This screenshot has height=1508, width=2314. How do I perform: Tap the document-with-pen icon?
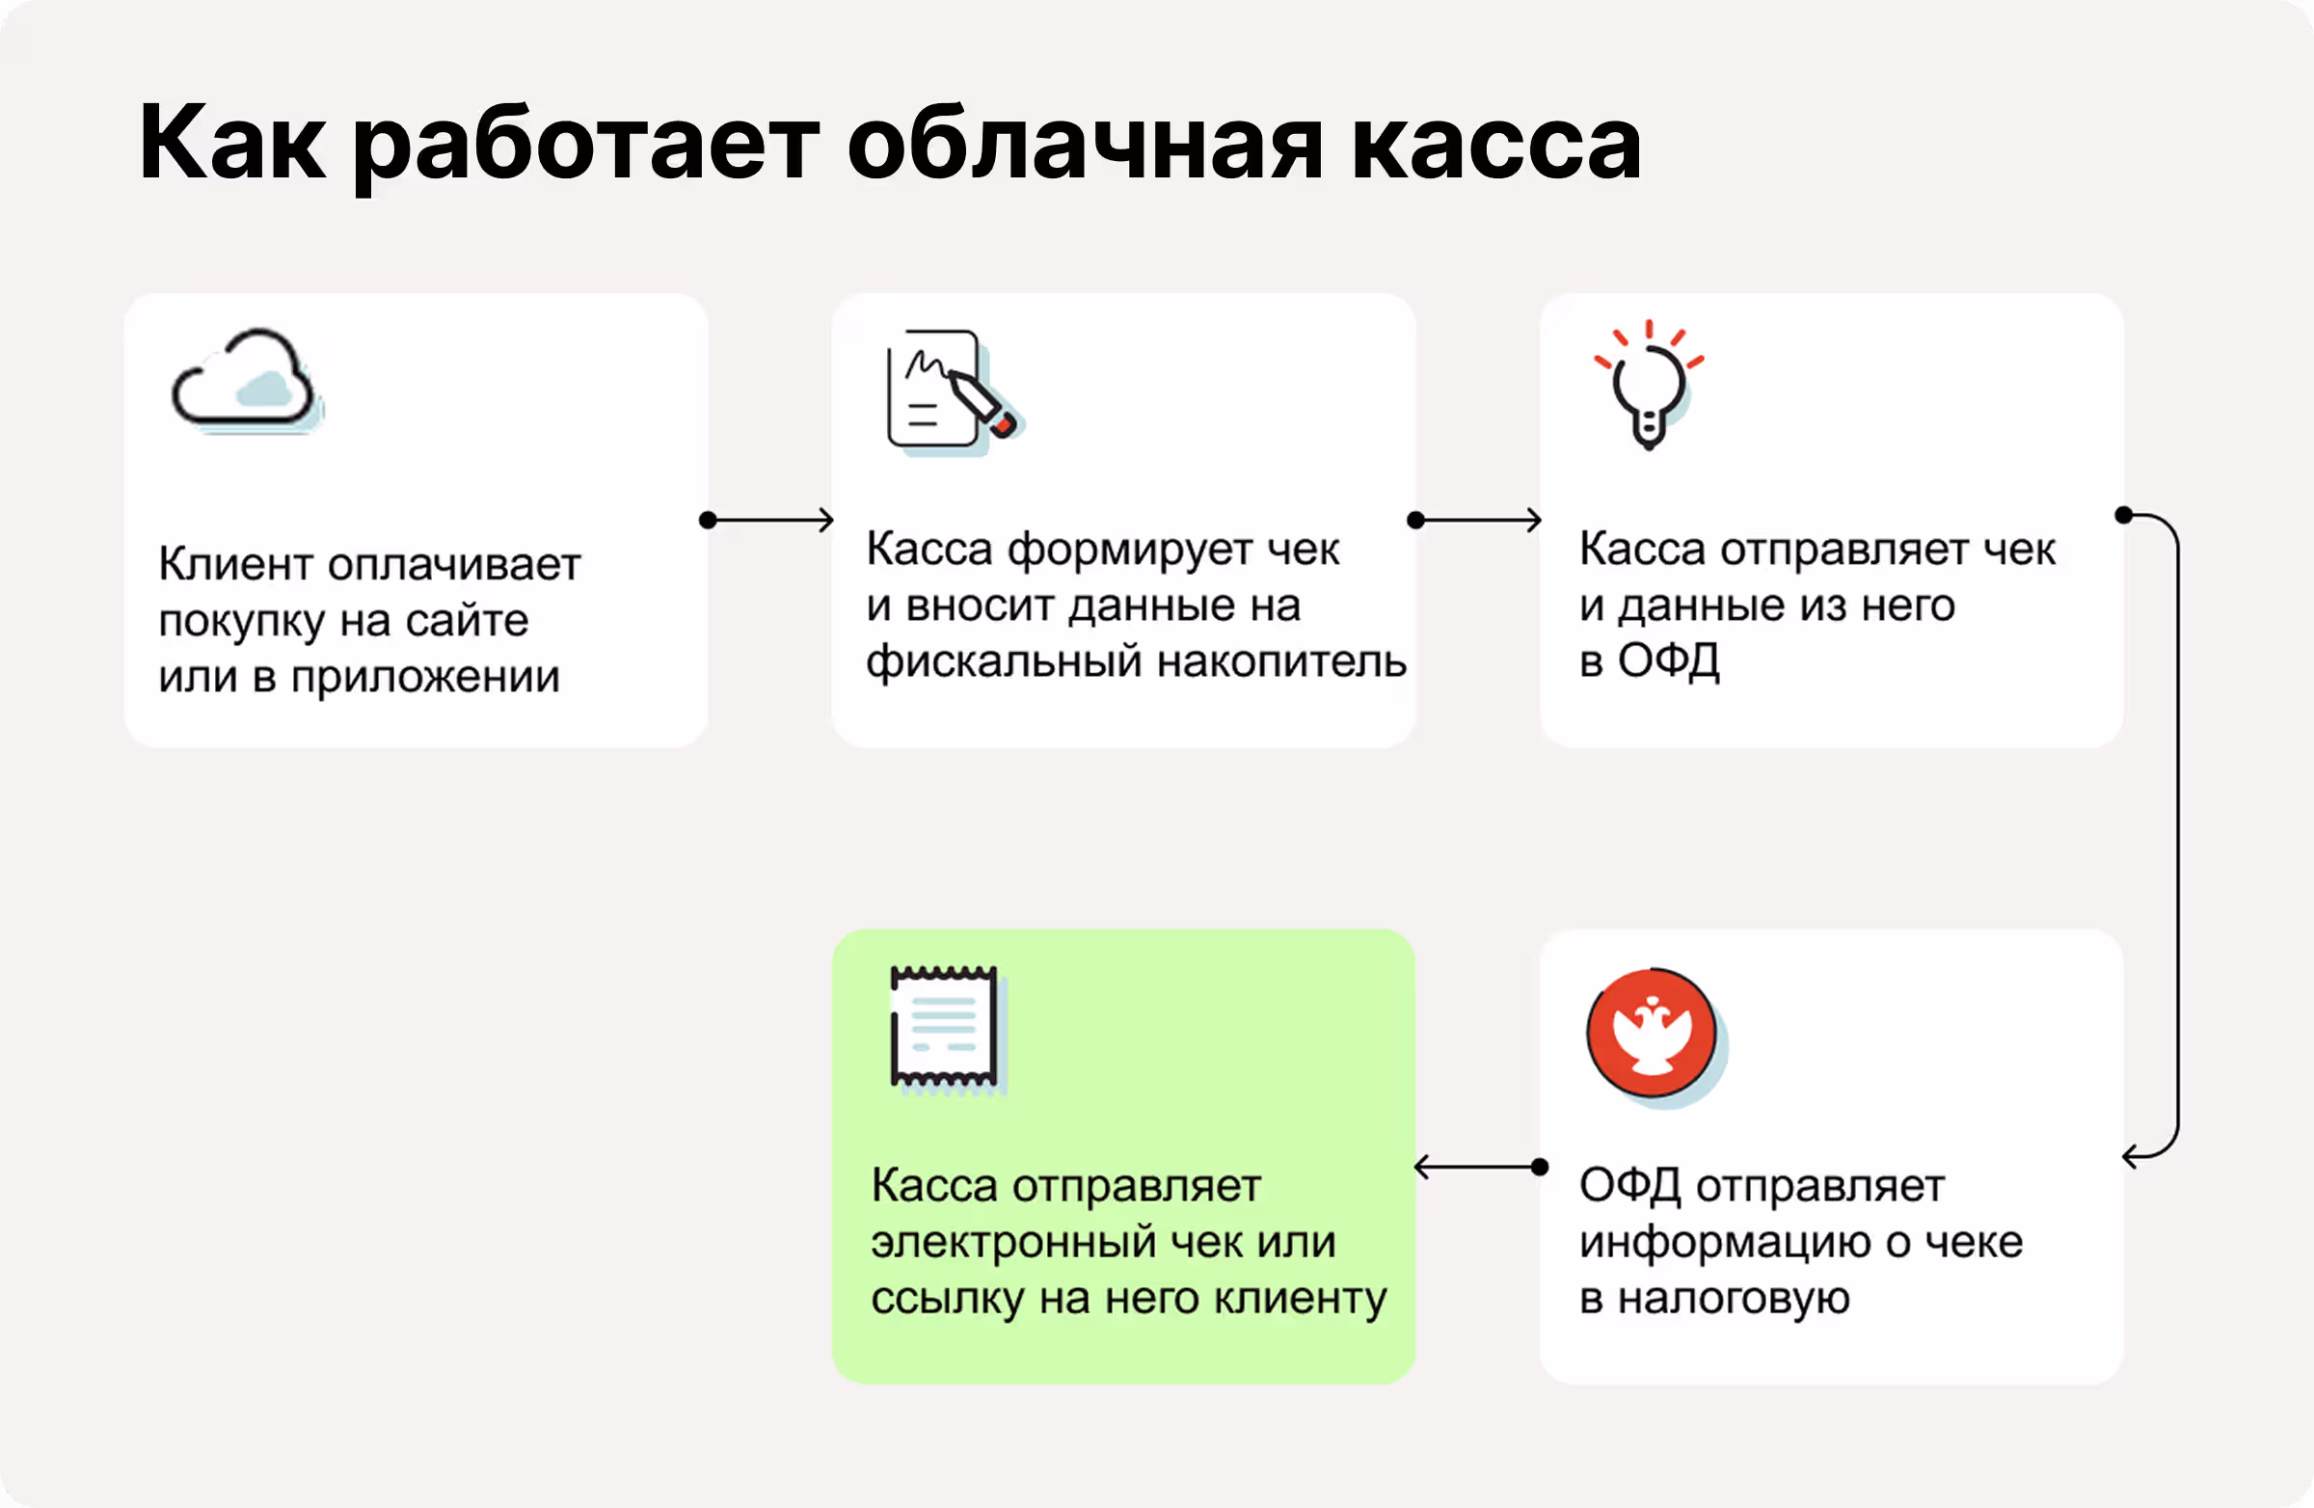click(x=948, y=390)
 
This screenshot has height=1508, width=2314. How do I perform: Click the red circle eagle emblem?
click(x=1653, y=1034)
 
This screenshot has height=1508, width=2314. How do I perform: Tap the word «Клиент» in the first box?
click(x=235, y=564)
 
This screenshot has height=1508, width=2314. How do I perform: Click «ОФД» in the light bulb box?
click(x=1667, y=661)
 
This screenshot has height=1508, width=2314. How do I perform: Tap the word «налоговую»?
click(x=1734, y=1299)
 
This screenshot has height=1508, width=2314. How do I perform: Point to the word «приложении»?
click(x=426, y=678)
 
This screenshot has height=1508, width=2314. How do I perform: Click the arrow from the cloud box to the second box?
click(x=768, y=520)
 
